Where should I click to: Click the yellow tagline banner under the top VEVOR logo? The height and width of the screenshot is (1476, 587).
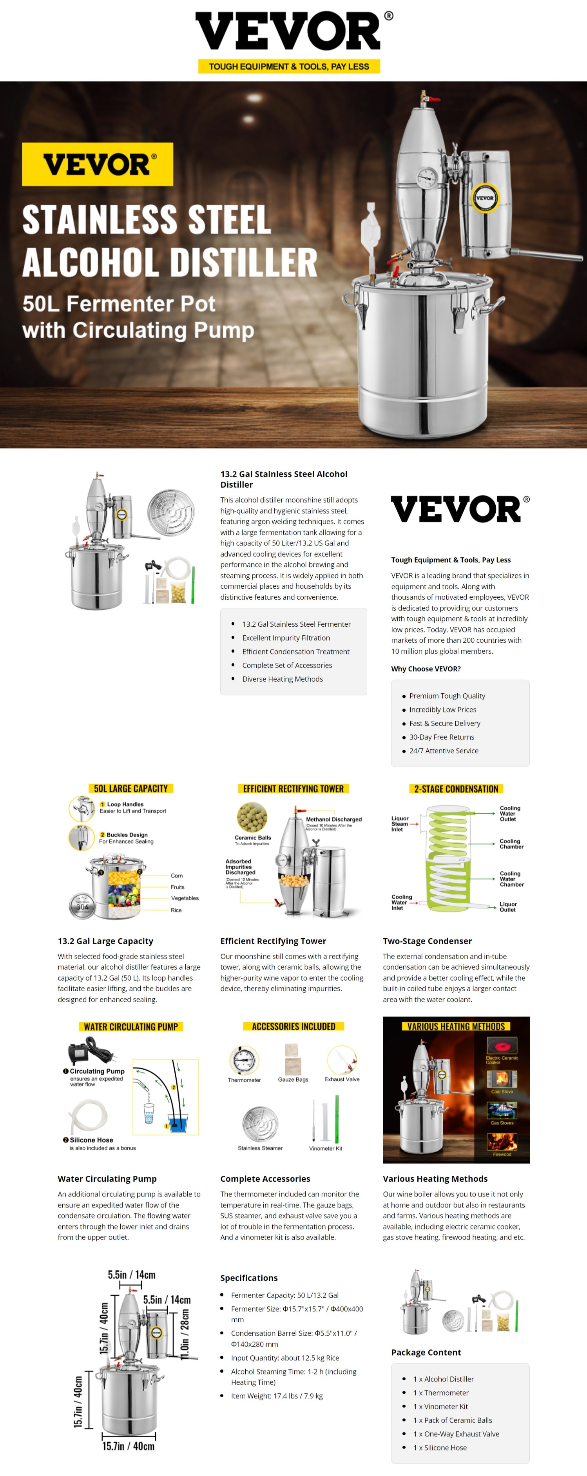[289, 67]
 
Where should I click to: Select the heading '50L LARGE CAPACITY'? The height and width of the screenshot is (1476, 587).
[130, 789]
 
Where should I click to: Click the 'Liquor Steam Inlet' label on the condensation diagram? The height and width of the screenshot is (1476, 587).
[400, 823]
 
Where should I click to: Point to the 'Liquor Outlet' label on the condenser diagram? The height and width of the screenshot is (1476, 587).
[507, 907]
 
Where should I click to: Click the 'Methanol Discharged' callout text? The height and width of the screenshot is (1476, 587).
[333, 820]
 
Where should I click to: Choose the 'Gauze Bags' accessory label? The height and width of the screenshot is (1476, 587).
[293, 1079]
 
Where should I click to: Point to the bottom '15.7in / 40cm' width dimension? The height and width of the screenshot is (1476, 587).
[128, 1446]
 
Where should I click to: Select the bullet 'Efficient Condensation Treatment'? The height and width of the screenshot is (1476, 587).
[295, 651]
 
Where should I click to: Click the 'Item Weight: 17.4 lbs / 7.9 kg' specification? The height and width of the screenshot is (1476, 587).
[277, 1396]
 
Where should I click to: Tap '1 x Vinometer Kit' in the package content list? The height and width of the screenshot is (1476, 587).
[440, 1406]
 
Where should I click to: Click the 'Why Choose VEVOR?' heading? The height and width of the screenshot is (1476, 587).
[426, 669]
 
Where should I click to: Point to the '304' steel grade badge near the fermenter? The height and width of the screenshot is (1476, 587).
[82, 907]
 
